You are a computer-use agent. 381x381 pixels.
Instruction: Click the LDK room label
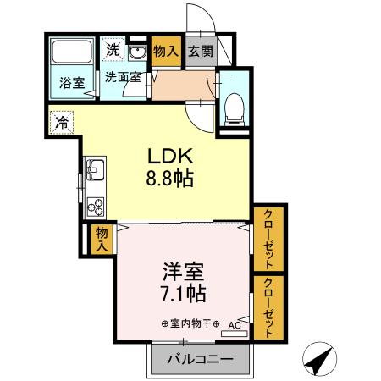[173, 157]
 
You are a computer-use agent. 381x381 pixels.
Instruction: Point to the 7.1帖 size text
[182, 295]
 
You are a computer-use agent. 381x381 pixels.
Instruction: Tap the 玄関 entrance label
[201, 51]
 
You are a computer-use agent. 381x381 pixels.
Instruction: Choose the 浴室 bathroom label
[71, 82]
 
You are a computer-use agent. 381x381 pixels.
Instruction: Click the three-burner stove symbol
[94, 207]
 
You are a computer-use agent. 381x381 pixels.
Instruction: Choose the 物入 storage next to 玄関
[166, 51]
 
